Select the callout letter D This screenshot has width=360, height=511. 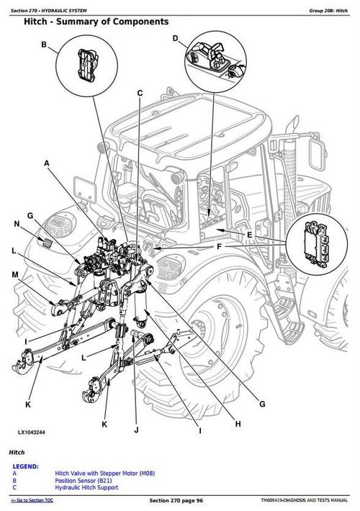pos(175,40)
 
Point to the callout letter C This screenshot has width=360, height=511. pos(140,93)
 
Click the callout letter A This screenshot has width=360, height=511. pos(47,164)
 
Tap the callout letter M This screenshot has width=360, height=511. pos(15,275)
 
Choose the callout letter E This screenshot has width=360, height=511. pos(249,235)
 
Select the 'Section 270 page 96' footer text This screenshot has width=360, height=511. pos(179,500)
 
